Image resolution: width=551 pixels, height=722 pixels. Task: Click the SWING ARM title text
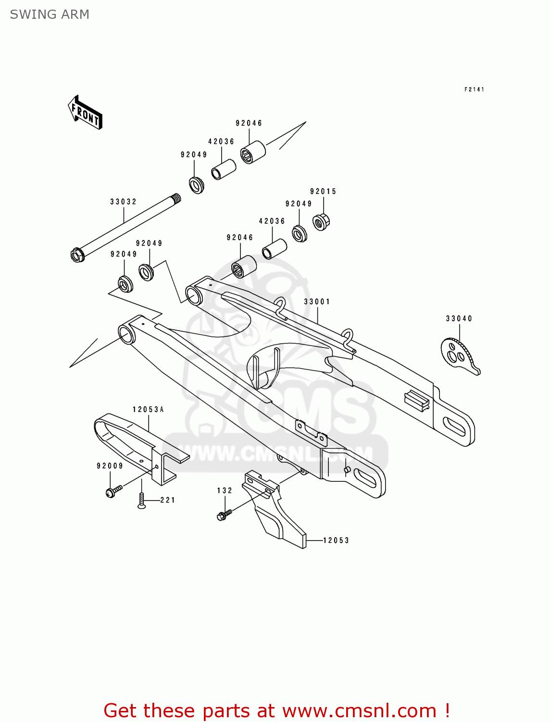50,14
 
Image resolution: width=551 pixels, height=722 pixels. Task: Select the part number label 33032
124,202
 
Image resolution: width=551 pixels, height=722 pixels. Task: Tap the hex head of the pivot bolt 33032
77,255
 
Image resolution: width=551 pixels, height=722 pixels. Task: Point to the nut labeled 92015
321,221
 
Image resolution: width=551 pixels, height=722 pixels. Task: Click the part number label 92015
323,192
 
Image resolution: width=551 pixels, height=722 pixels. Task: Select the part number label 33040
459,319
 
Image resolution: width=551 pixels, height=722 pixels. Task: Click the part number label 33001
317,302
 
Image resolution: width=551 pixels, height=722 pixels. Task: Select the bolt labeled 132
224,515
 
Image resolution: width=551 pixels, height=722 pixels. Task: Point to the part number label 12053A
148,410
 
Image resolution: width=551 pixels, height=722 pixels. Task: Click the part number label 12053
336,541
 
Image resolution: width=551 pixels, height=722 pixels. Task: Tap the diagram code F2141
474,90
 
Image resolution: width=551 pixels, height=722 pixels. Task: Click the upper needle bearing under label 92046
253,152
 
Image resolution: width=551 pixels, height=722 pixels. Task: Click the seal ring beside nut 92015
300,233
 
